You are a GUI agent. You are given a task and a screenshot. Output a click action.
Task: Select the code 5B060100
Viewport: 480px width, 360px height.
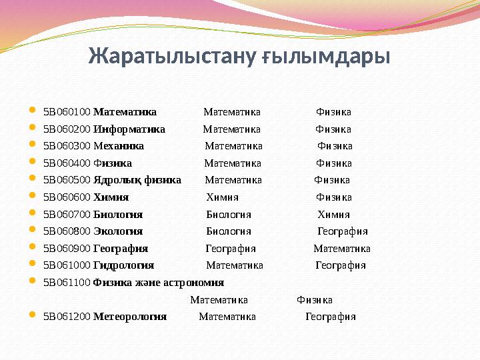(67, 112)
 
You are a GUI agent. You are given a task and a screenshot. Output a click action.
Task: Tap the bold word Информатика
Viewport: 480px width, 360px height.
(129, 129)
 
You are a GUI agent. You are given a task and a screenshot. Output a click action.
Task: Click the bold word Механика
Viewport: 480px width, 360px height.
(119, 146)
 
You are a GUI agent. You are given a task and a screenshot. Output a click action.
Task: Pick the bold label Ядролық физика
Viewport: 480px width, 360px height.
(137, 180)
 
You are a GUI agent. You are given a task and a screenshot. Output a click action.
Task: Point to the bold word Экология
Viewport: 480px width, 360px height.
(118, 231)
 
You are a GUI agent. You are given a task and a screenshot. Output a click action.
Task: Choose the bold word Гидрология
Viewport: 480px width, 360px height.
(123, 265)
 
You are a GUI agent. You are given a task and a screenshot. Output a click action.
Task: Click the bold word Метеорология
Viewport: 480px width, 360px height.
(130, 317)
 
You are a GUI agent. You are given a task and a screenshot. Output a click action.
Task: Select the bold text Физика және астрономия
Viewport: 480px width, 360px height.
(159, 283)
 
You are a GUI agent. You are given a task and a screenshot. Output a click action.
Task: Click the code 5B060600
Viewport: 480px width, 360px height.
(67, 197)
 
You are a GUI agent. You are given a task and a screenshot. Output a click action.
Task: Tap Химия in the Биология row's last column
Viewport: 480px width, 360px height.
(333, 215)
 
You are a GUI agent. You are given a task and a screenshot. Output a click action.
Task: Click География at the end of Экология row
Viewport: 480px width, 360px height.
(342, 231)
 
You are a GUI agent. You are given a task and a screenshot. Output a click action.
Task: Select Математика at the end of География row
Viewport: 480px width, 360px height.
(342, 249)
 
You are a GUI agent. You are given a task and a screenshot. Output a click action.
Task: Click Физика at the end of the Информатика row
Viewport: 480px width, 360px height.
(333, 129)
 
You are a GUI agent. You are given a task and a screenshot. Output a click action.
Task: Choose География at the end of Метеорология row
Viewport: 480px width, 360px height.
(331, 317)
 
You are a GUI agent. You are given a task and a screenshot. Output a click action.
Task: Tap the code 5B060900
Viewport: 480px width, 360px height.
(67, 249)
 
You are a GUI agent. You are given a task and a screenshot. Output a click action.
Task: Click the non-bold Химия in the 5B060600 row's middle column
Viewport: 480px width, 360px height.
(222, 197)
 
